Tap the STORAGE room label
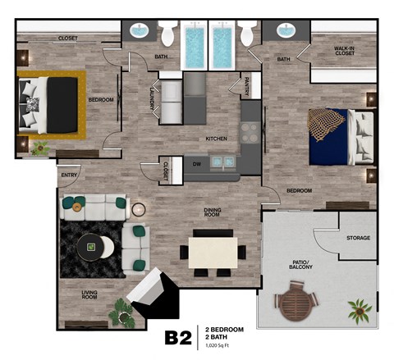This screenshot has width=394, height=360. pos(357,239)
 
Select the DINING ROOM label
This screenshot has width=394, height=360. pos(218,213)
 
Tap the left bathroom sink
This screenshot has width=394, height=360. pos(139,32)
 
